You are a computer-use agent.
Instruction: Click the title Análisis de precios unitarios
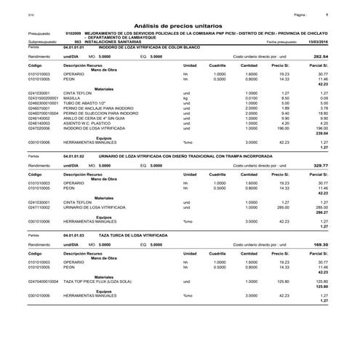pyautogui.click(x=179, y=25)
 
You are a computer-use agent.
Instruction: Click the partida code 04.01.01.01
pyautogui.click(x=75, y=47)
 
